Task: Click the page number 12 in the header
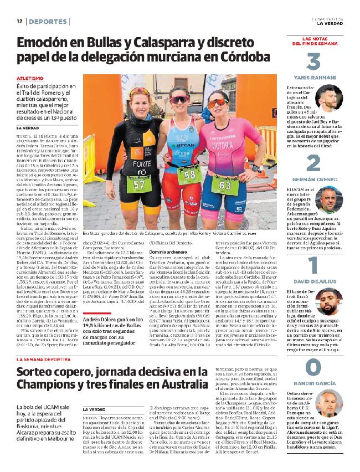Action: (x=19, y=21)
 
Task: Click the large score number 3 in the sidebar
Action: (x=313, y=62)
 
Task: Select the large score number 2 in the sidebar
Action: (x=313, y=163)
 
